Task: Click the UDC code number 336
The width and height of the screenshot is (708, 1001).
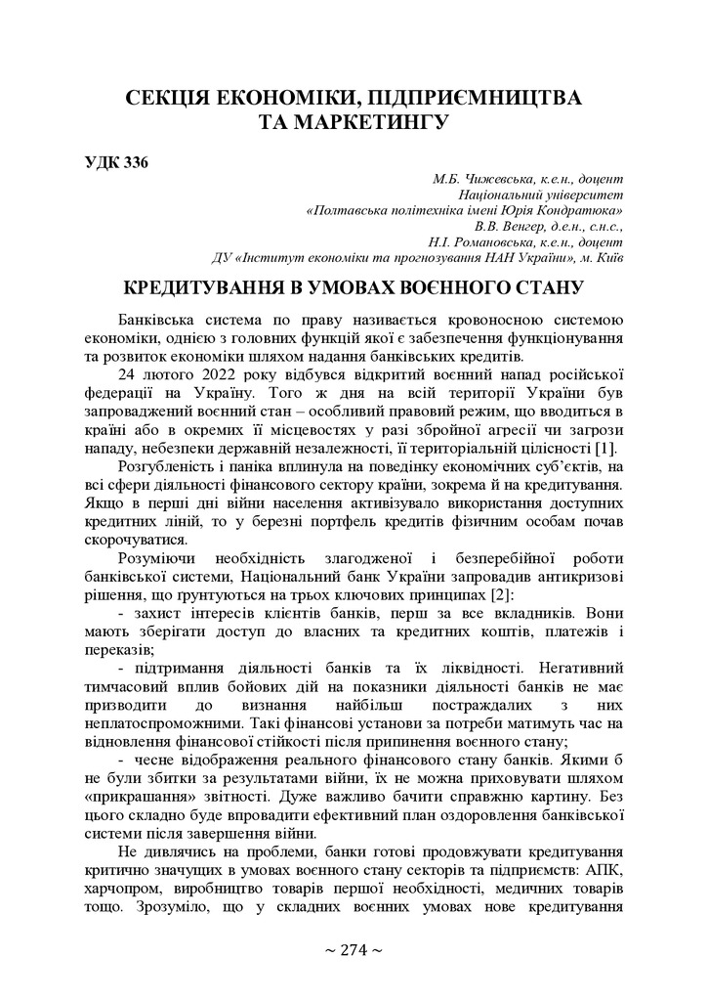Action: click(135, 162)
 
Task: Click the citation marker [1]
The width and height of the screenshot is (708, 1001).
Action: click(606, 447)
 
